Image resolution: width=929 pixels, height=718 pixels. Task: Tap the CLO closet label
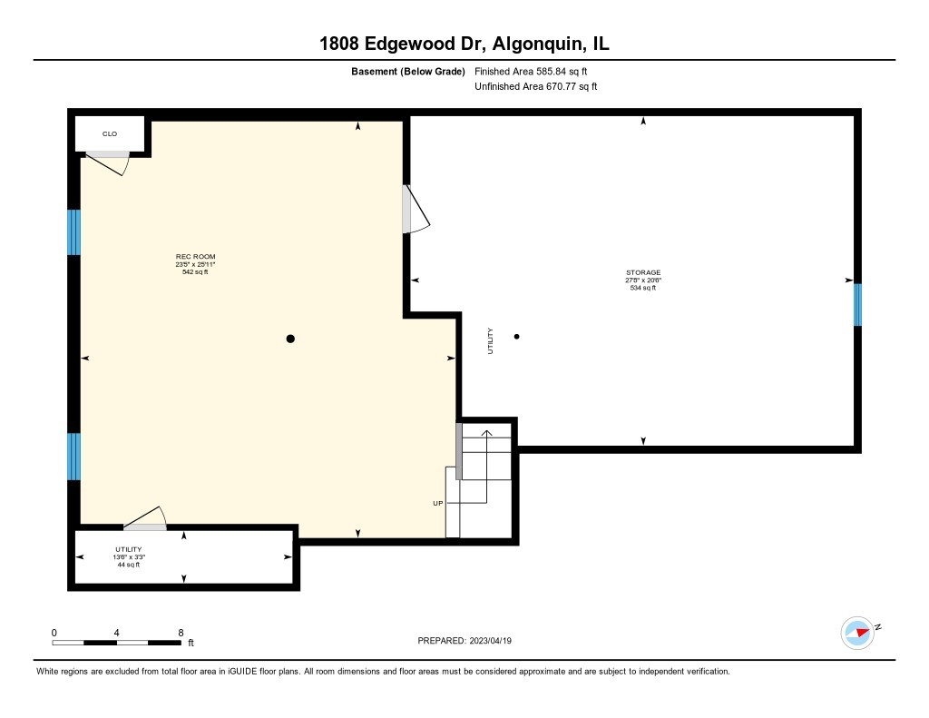point(110,134)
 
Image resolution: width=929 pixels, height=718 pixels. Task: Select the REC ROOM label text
point(195,257)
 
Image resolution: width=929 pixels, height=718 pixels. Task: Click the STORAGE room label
point(642,272)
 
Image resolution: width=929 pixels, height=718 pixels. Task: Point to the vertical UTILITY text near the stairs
point(491,340)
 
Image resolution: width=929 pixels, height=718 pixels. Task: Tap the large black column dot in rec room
point(290,339)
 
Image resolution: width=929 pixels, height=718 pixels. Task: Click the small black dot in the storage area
point(517,337)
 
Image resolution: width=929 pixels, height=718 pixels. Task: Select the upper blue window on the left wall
point(74,232)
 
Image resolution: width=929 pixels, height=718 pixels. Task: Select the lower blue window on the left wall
point(74,456)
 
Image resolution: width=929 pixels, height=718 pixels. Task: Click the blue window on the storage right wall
point(856,304)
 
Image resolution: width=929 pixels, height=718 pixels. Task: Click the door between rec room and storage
point(416,210)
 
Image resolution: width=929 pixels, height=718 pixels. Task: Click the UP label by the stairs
point(437,503)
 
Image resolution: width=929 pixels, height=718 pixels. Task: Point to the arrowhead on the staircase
point(486,433)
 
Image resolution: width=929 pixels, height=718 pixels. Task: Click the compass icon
point(857,633)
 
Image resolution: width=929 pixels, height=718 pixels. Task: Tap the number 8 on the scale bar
point(181,632)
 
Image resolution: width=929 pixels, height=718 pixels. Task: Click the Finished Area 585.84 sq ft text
point(535,71)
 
